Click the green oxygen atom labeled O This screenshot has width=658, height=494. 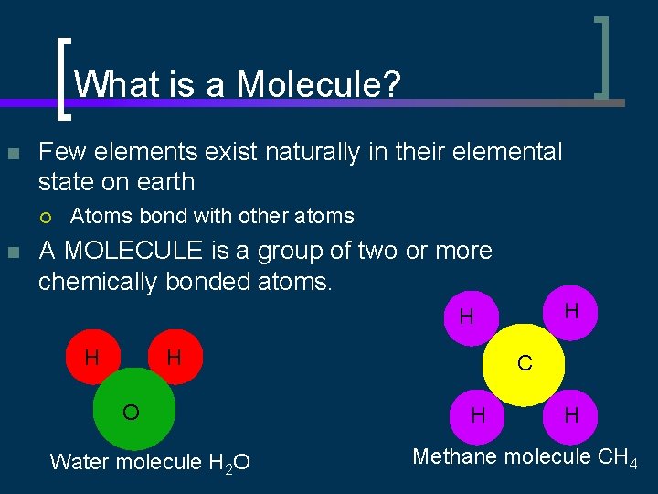click(x=134, y=413)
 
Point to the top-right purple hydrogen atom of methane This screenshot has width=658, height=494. click(x=571, y=312)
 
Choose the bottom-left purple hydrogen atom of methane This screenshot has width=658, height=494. click(x=477, y=415)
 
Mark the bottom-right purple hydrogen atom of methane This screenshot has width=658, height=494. click(x=571, y=415)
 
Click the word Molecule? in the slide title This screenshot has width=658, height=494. click(x=319, y=86)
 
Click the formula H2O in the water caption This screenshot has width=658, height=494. click(x=232, y=463)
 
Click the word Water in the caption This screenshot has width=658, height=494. click(x=77, y=462)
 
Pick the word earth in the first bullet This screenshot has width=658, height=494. click(x=164, y=182)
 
